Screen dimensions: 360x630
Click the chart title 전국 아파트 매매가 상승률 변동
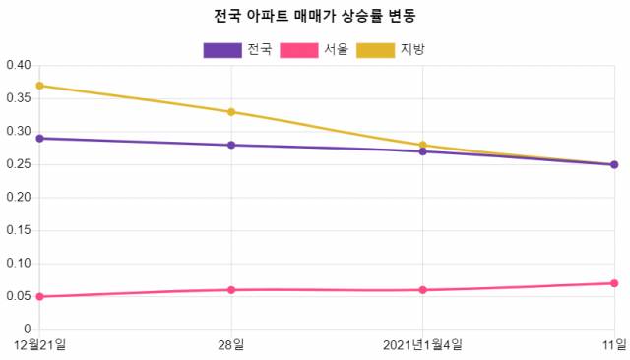(x=315, y=17)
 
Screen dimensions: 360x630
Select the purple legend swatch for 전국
(x=222, y=49)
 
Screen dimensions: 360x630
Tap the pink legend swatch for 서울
(x=299, y=49)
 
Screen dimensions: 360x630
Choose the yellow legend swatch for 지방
(x=375, y=49)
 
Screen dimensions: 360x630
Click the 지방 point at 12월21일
(x=39, y=86)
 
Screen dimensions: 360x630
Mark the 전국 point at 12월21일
(x=39, y=139)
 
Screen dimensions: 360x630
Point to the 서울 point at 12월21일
(x=39, y=296)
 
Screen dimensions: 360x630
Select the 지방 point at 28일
(x=231, y=112)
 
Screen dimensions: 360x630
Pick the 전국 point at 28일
(x=231, y=145)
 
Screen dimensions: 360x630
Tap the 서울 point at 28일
(x=231, y=290)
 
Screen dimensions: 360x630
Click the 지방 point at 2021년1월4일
(x=422, y=145)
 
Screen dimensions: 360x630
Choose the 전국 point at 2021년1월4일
(x=422, y=151)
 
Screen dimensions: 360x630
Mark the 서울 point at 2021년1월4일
(x=422, y=290)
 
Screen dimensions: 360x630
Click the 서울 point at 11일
(x=614, y=283)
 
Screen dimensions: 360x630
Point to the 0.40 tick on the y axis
(x=19, y=66)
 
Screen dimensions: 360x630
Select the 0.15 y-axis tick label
(x=19, y=230)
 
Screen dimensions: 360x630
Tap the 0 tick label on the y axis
(x=28, y=330)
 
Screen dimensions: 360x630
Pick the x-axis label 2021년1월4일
(x=422, y=344)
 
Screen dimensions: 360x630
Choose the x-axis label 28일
(x=231, y=344)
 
